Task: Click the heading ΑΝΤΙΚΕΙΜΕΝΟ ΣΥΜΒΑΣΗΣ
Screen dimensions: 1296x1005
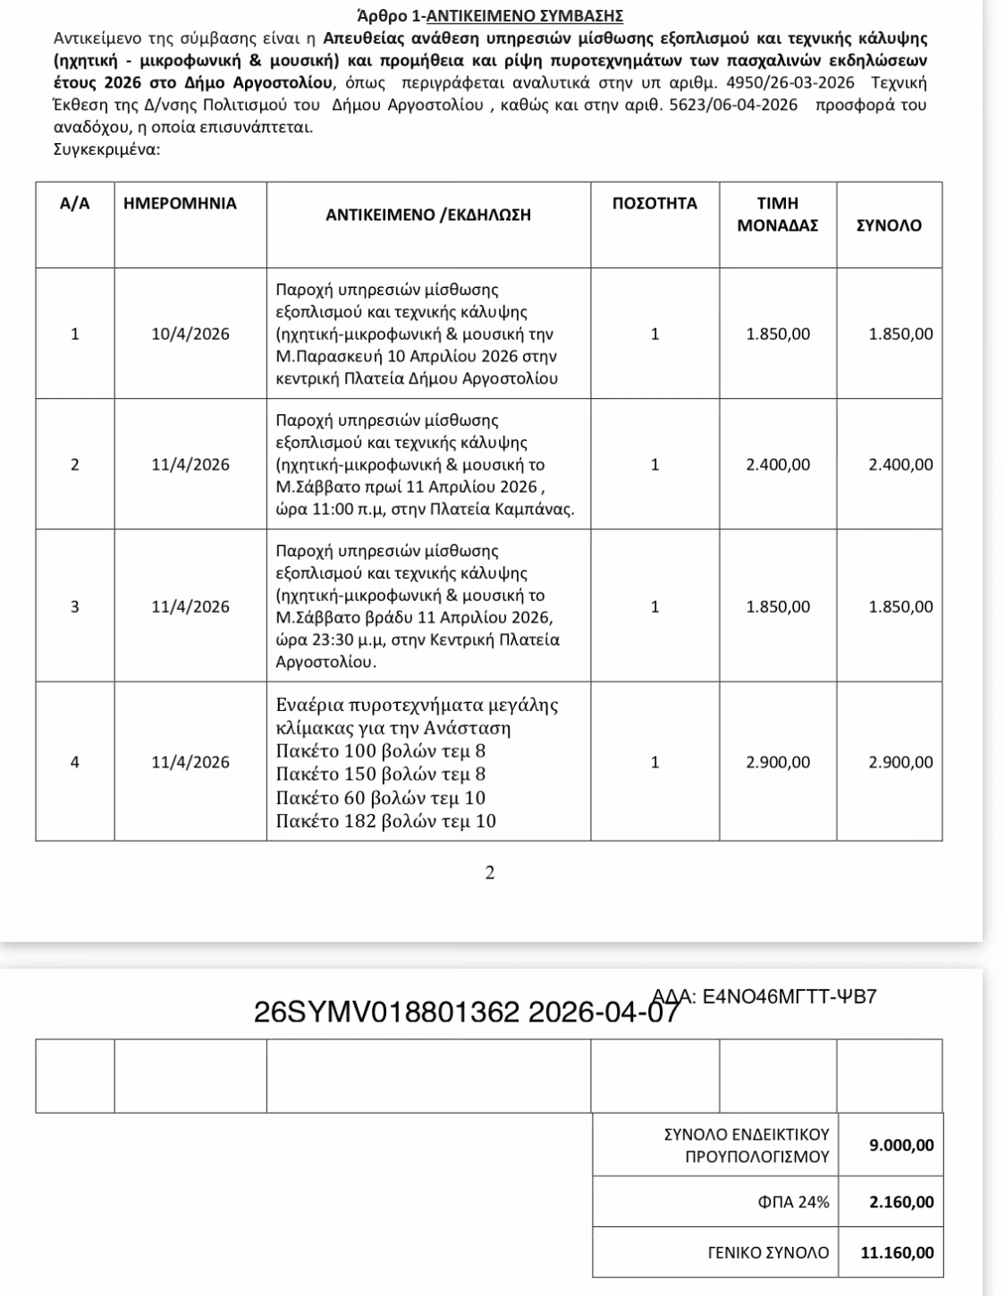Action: click(x=526, y=16)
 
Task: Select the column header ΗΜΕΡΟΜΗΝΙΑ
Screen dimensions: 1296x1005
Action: click(x=180, y=204)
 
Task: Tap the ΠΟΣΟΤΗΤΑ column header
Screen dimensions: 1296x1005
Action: click(x=655, y=204)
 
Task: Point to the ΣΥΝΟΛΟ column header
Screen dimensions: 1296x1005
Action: click(x=889, y=225)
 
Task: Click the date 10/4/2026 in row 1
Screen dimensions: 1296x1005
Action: click(x=190, y=335)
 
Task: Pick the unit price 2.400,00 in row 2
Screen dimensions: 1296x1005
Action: click(x=778, y=465)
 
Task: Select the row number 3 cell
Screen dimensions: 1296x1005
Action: click(x=75, y=606)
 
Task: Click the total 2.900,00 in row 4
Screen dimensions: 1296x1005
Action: click(x=900, y=762)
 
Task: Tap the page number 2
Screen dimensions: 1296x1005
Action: click(x=489, y=873)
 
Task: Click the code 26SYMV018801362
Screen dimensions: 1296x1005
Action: click(x=386, y=1012)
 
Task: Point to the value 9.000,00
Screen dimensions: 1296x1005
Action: click(x=901, y=1145)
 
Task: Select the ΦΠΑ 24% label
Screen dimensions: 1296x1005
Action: click(x=793, y=1202)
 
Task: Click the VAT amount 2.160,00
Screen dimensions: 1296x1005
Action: click(x=901, y=1202)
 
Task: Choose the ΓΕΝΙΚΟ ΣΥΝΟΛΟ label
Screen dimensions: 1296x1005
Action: click(x=768, y=1253)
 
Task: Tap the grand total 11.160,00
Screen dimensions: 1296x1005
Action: click(x=897, y=1253)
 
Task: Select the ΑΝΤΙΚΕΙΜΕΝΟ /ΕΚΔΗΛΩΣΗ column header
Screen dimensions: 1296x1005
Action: click(x=428, y=215)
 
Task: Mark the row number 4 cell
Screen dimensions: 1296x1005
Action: click(x=75, y=762)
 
